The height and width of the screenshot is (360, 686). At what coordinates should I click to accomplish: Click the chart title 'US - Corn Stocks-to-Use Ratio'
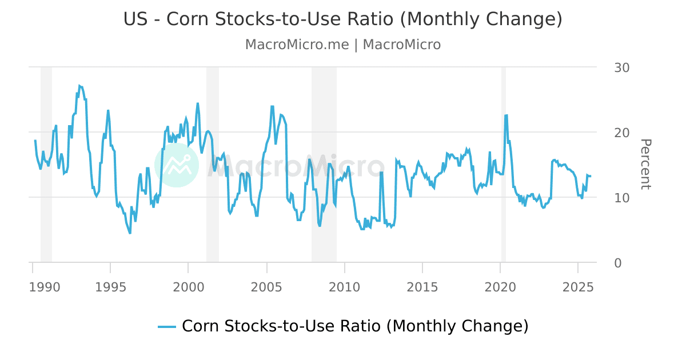[342, 19]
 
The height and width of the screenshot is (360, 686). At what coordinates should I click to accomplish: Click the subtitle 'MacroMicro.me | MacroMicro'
[342, 45]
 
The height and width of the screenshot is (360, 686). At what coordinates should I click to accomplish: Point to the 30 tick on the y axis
[621, 67]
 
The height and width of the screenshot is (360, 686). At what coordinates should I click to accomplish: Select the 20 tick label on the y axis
[621, 133]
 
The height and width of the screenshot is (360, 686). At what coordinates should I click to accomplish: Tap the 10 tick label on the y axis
[621, 198]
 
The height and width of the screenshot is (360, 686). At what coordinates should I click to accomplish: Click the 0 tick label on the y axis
[617, 263]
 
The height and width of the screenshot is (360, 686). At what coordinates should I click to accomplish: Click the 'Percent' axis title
[645, 164]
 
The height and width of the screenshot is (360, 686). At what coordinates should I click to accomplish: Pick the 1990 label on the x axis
[44, 287]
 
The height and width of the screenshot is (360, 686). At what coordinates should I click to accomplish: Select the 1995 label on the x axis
[110, 287]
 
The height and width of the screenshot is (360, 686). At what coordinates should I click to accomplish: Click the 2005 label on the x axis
[266, 287]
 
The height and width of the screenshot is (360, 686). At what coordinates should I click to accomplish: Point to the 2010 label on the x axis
[344, 287]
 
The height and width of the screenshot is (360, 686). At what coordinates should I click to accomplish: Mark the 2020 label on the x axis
[500, 287]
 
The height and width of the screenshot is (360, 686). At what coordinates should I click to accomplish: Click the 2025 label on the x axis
[578, 287]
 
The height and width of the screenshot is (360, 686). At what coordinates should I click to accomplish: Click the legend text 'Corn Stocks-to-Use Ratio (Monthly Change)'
[355, 326]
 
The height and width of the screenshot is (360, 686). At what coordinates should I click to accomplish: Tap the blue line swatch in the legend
[167, 326]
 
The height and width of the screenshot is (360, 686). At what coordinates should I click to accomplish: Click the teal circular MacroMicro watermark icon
[177, 165]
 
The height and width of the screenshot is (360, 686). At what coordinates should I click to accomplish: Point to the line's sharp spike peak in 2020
[506, 115]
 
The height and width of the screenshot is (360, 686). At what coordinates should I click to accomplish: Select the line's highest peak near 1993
[79, 86]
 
